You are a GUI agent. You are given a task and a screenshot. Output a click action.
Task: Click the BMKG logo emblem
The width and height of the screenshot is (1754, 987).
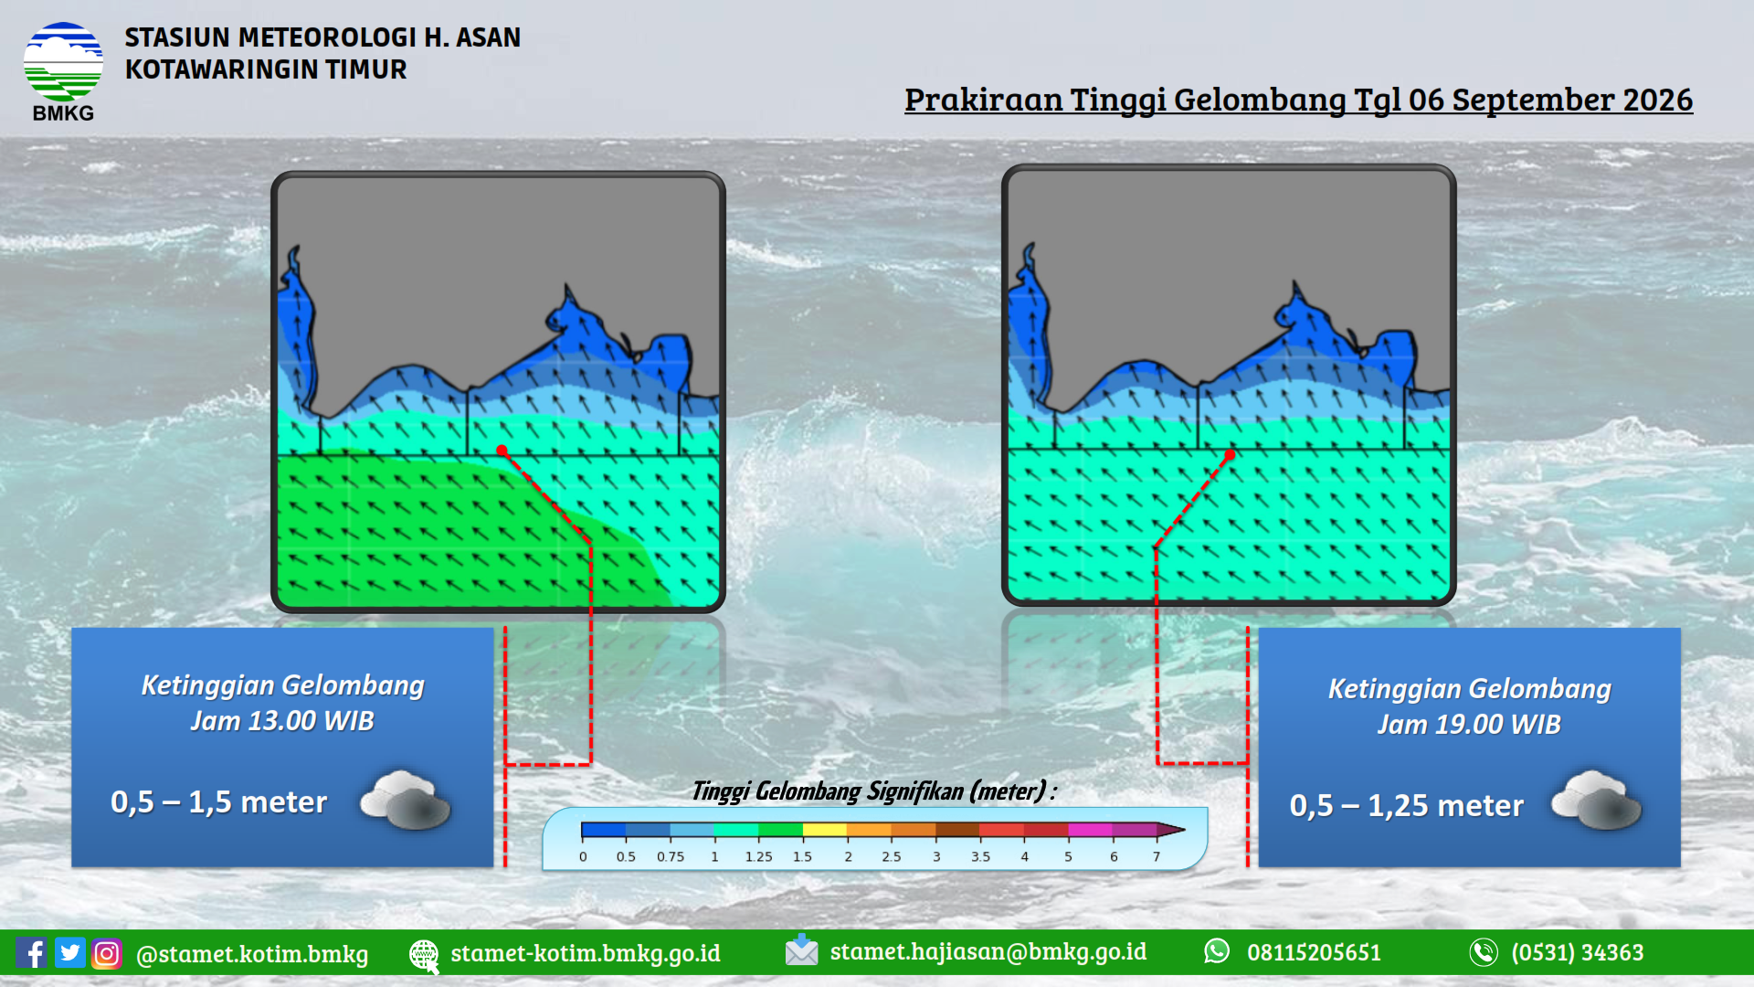click(x=63, y=62)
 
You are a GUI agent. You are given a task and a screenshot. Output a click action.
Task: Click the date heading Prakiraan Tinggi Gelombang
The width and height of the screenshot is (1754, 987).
click(x=1298, y=100)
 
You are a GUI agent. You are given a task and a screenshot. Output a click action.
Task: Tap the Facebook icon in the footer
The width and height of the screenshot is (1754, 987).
click(x=31, y=953)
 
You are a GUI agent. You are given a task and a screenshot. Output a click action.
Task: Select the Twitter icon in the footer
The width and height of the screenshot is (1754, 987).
click(x=69, y=952)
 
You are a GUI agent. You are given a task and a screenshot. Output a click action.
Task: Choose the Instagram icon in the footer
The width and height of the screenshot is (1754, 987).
click(x=106, y=953)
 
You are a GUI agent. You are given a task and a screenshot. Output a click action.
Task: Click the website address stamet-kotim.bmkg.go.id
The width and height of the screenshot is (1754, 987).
click(x=586, y=953)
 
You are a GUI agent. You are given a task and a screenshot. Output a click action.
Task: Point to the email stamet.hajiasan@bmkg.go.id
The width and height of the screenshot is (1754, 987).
click(x=988, y=951)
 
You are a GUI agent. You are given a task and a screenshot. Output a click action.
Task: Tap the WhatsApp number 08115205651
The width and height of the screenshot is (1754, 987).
click(x=1314, y=952)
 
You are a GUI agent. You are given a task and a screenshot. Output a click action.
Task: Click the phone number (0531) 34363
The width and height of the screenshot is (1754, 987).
click(x=1577, y=952)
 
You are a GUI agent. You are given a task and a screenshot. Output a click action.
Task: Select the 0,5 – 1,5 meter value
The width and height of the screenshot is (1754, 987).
click(x=218, y=801)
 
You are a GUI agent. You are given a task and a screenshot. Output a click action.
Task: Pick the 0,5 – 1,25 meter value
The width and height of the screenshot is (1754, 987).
click(x=1406, y=805)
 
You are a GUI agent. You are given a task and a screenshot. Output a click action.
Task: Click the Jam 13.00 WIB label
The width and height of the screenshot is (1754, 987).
click(x=282, y=721)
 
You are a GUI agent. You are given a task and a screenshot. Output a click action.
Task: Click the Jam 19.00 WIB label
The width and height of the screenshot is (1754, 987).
click(x=1469, y=725)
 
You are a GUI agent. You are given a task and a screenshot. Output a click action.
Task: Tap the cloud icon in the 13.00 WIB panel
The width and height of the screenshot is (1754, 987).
click(x=406, y=800)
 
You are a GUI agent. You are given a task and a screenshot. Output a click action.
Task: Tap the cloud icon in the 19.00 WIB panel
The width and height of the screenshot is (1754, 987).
click(x=1597, y=800)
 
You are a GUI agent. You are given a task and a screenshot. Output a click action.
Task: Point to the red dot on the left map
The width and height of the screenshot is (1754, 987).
click(x=502, y=450)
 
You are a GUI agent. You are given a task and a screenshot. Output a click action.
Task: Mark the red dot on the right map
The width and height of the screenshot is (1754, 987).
click(x=1230, y=454)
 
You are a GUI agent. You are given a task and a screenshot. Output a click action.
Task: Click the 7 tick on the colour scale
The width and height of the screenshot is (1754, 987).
click(x=1157, y=857)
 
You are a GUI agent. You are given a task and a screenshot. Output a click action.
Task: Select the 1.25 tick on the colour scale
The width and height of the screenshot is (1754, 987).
click(x=758, y=857)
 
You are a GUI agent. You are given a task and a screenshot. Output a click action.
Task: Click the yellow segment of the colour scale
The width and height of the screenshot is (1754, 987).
click(x=825, y=830)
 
